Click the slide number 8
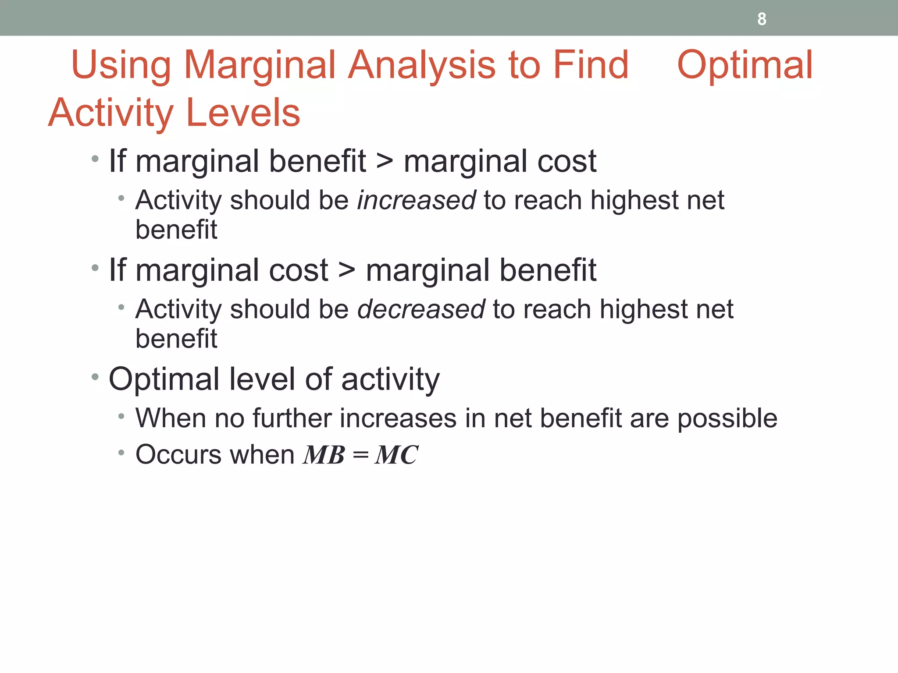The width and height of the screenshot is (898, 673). point(762,19)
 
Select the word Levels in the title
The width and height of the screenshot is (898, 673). point(243,113)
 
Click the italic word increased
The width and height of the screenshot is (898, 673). point(416,200)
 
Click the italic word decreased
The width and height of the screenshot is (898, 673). point(421,309)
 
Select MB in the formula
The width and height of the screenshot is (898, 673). point(324,455)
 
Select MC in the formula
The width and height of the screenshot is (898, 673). point(396,455)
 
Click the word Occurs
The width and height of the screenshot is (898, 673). point(178,454)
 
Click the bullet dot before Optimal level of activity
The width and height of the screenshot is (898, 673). point(95,377)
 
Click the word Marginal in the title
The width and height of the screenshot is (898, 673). point(260,66)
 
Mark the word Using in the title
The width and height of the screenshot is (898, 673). point(121,66)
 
